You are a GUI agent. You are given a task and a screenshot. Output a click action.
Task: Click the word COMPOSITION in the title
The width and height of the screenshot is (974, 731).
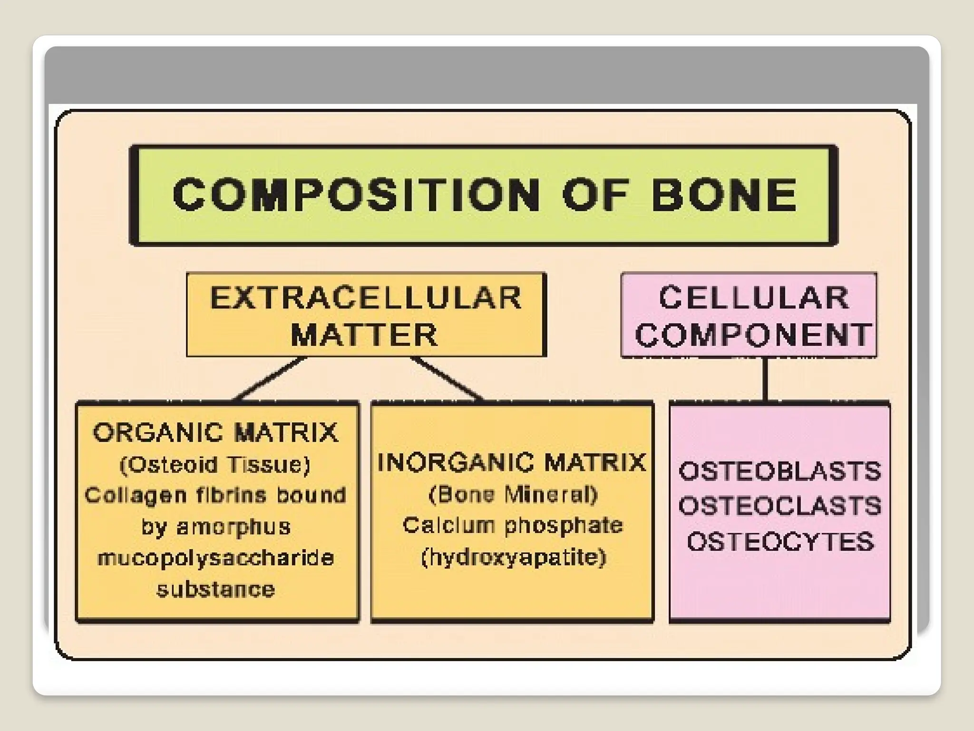(356, 195)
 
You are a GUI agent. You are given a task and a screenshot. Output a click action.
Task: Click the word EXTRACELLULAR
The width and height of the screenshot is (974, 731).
(366, 298)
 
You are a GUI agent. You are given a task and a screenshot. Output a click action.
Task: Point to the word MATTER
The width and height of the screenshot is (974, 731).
(364, 335)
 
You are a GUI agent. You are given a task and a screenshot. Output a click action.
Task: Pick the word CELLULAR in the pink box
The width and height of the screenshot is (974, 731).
(754, 298)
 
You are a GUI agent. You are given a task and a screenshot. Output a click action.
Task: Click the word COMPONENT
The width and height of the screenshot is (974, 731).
(753, 335)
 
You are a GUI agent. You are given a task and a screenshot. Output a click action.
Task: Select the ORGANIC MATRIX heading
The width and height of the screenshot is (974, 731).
(215, 433)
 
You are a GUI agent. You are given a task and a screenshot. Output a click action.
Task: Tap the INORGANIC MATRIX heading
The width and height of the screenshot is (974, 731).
(512, 462)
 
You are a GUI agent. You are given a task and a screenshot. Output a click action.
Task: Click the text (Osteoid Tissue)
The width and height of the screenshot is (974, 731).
(215, 464)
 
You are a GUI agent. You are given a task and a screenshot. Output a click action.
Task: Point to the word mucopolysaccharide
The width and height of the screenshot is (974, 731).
(215, 558)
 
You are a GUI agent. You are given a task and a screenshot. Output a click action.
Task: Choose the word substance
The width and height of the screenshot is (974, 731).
(215, 590)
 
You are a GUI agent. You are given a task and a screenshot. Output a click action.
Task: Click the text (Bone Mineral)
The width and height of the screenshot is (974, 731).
(513, 494)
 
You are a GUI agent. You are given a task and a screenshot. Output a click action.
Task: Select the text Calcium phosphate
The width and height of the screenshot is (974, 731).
(513, 525)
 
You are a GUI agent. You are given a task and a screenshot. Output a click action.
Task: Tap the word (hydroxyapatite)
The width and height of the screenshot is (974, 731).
(514, 557)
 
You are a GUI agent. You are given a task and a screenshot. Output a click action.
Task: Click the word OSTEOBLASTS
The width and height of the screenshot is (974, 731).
(780, 471)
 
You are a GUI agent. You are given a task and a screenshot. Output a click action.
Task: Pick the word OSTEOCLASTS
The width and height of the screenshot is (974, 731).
(780, 506)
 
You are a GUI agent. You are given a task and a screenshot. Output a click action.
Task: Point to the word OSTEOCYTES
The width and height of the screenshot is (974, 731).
(780, 542)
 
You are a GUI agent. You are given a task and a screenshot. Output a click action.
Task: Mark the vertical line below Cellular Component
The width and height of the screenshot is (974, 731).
(765, 379)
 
